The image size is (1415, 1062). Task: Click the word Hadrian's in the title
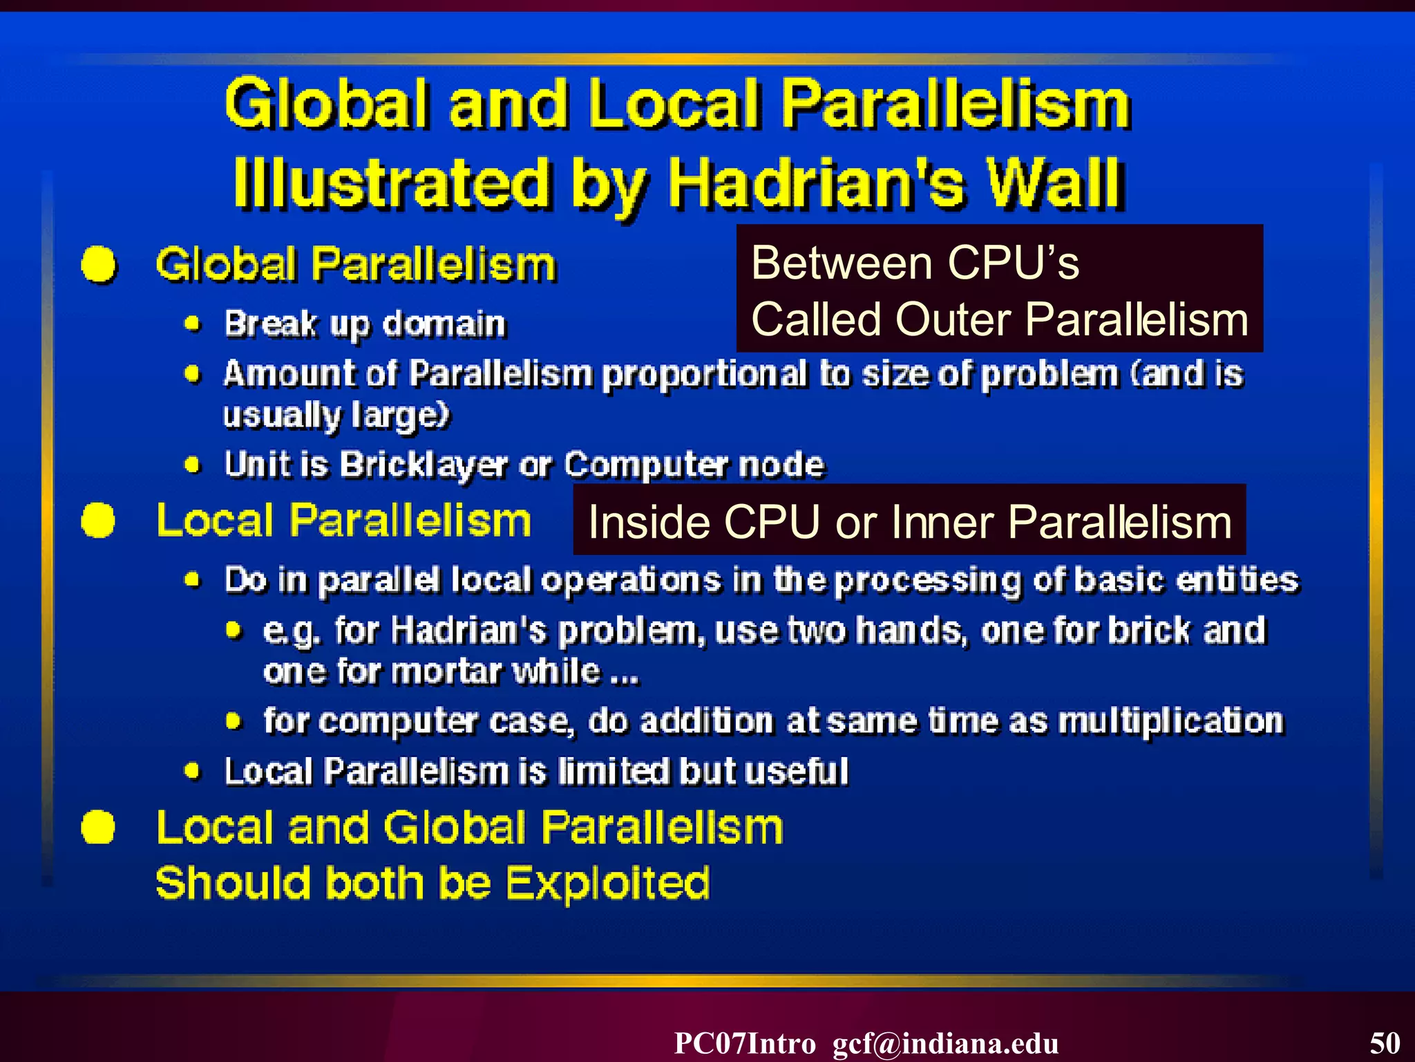(816, 184)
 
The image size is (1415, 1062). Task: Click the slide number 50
(1385, 1043)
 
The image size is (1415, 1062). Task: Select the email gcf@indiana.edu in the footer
(945, 1043)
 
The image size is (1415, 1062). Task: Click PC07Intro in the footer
(745, 1043)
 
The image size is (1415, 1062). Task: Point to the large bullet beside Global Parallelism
(99, 265)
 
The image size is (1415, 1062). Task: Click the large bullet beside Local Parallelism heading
(98, 520)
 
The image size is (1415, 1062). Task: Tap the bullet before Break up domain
(193, 324)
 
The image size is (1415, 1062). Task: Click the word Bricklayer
(424, 465)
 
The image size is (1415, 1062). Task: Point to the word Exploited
(608, 883)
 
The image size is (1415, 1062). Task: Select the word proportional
(704, 375)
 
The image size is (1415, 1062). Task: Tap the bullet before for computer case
(234, 722)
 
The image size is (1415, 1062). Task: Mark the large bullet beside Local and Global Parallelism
(98, 827)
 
